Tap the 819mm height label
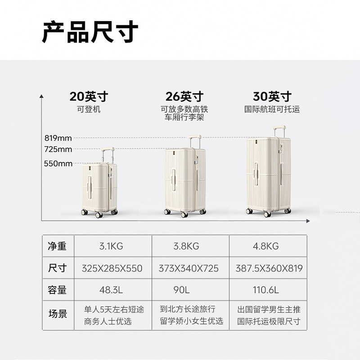coord(58,138)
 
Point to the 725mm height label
coord(58,149)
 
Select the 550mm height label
coord(58,164)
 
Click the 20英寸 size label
coord(89,96)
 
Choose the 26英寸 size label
coord(184,96)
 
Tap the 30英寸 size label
coord(272,96)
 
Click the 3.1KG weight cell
coord(111,246)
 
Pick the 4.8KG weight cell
coord(266,246)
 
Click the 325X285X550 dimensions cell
coord(112,268)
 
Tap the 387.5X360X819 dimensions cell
coord(269,268)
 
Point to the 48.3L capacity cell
coord(112,290)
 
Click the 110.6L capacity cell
coord(267,290)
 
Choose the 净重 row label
coord(57,246)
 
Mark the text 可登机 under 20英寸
coord(89,109)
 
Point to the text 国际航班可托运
coord(272,109)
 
